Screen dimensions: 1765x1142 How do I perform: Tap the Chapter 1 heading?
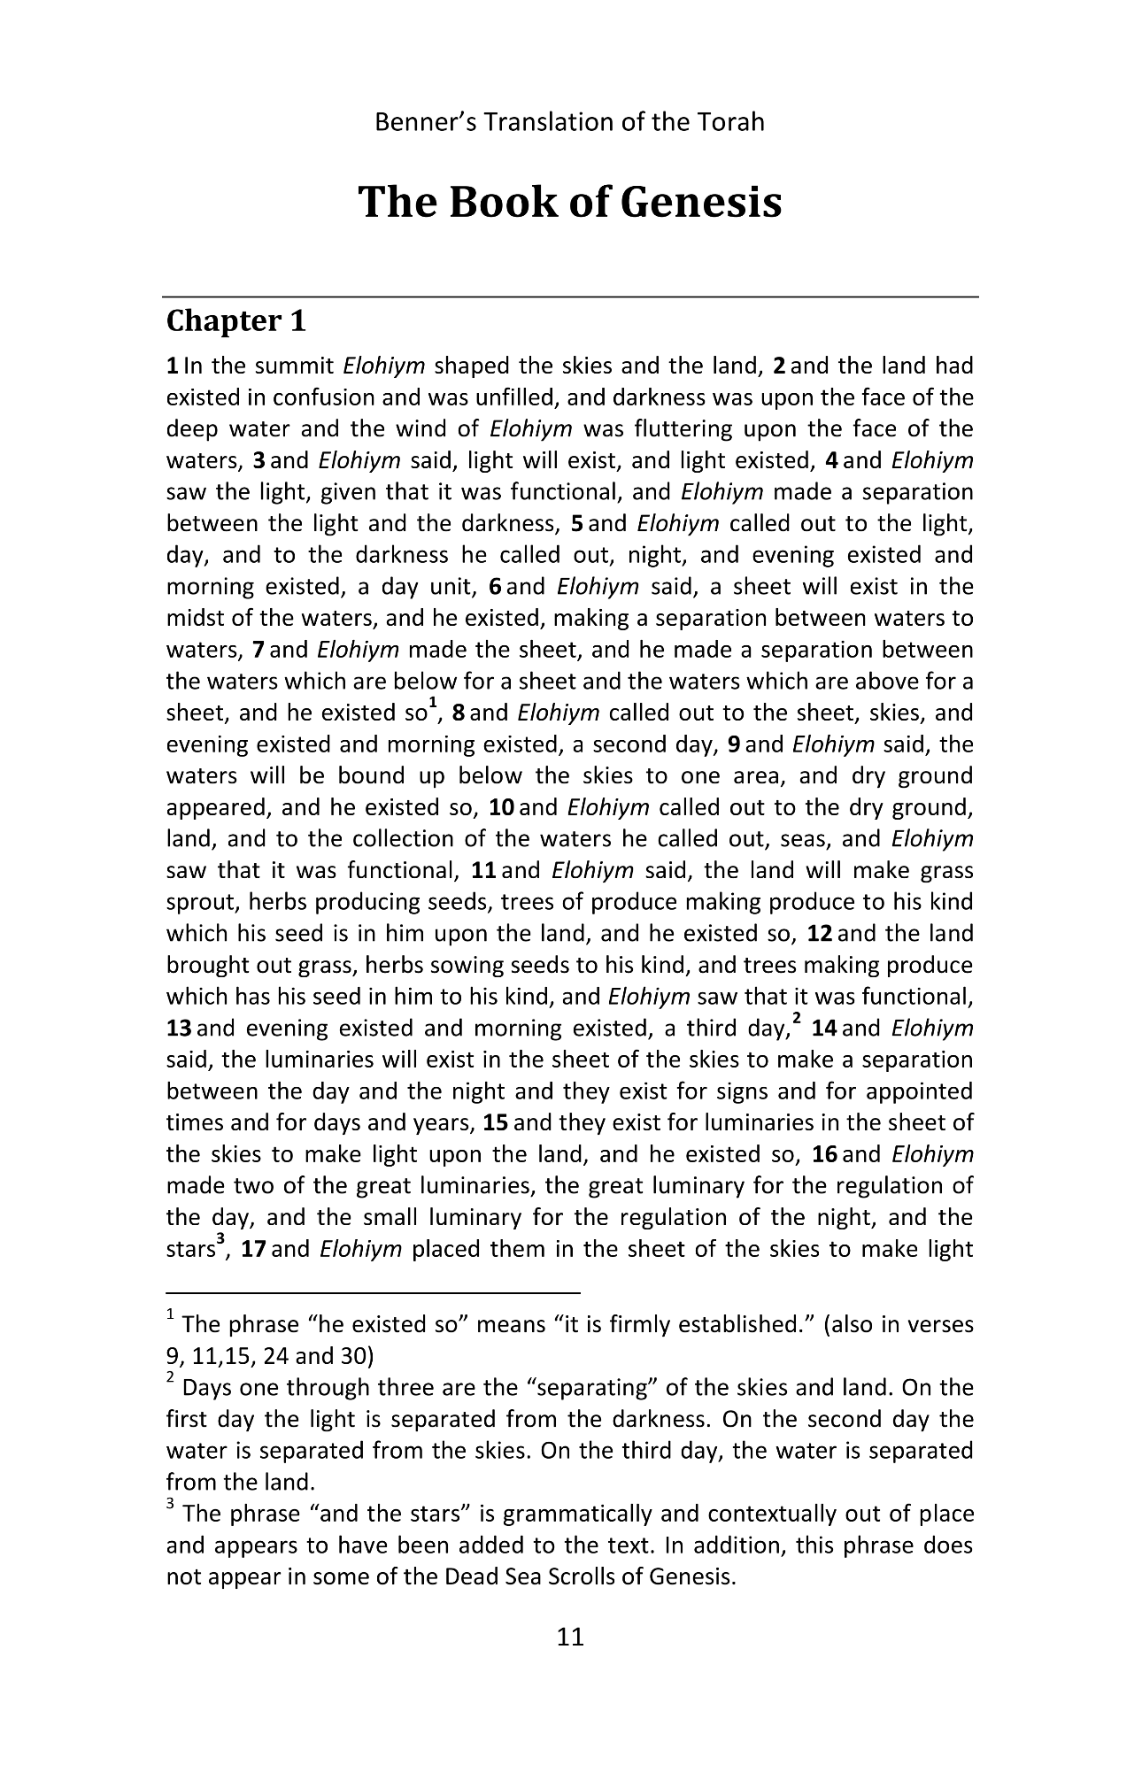(235, 321)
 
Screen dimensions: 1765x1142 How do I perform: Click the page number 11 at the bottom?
(571, 1637)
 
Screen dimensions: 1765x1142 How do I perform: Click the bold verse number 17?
(253, 1250)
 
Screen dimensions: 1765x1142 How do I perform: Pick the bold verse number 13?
(180, 1029)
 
